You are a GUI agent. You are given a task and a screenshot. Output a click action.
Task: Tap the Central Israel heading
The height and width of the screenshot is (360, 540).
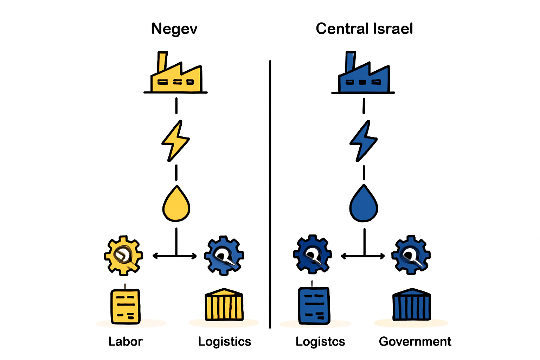[x=364, y=29]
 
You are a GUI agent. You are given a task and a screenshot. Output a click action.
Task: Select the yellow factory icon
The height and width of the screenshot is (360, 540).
[x=175, y=72]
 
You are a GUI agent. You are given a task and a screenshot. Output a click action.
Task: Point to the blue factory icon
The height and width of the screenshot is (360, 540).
[x=363, y=72]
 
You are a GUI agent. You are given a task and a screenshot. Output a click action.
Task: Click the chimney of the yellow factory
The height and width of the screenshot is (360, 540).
[x=162, y=62]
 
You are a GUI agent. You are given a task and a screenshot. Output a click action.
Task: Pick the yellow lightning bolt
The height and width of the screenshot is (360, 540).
[x=175, y=141]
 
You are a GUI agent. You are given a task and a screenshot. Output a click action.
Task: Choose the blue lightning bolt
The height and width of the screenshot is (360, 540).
[x=363, y=141]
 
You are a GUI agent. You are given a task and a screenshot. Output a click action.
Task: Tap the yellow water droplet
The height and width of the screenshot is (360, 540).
[x=176, y=204]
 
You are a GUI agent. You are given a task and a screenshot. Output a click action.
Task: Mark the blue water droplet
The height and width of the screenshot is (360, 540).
[x=364, y=203]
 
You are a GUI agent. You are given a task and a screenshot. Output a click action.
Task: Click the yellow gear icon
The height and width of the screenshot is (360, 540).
[x=123, y=256]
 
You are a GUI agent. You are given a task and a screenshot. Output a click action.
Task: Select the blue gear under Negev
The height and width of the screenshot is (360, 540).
[x=224, y=256]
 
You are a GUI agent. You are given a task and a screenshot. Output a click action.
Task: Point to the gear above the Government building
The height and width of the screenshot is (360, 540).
[x=411, y=255]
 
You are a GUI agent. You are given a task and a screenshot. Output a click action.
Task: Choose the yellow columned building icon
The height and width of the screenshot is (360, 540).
[x=224, y=304]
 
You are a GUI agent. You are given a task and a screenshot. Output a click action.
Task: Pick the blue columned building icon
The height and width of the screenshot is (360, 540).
[x=412, y=304]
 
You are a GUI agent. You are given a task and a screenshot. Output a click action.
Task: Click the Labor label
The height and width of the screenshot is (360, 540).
[x=126, y=341]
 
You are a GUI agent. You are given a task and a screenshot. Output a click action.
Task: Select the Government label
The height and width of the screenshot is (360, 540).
[x=415, y=341]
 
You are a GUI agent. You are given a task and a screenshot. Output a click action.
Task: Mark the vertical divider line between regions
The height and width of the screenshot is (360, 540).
[x=270, y=194]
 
